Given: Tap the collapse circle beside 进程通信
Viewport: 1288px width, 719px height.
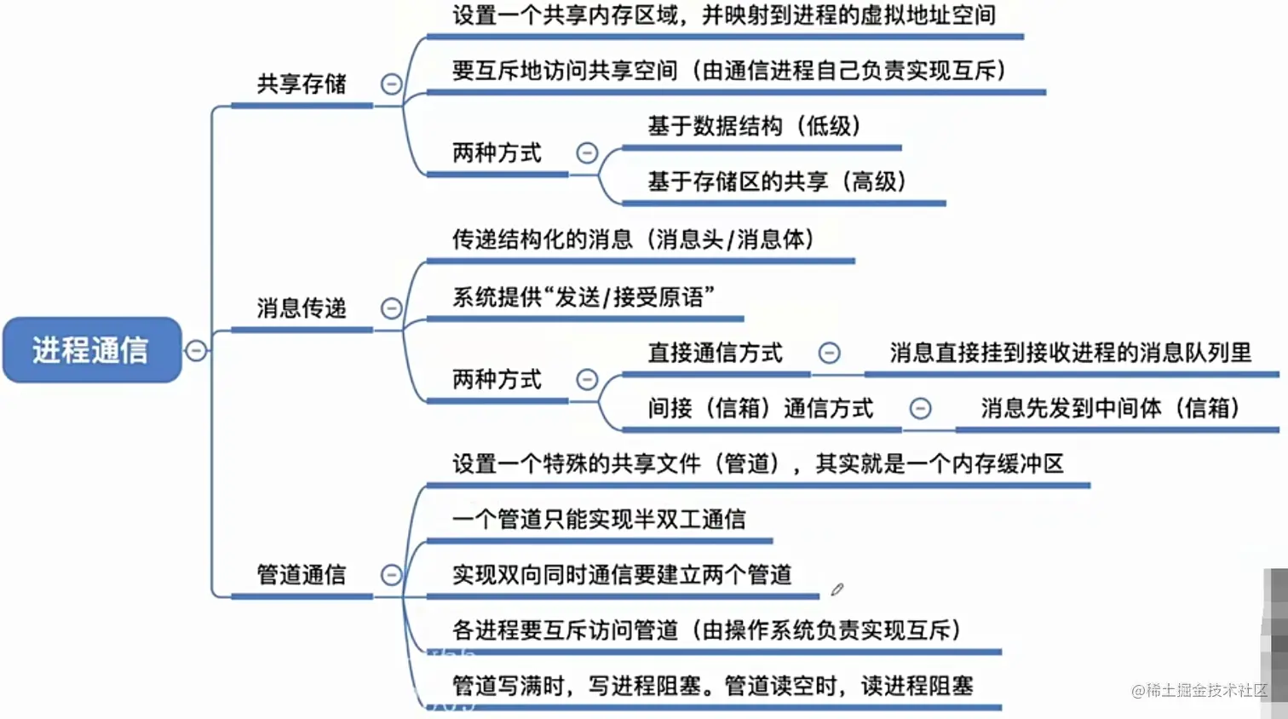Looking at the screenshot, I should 196,350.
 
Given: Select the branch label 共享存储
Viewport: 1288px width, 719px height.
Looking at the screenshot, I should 302,83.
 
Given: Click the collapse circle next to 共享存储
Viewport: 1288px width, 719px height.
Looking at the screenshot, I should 391,83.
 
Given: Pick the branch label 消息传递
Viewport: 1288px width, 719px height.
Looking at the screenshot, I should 302,308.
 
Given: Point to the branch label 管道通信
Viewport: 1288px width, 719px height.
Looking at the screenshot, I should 302,575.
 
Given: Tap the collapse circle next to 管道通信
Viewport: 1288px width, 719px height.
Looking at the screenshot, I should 391,575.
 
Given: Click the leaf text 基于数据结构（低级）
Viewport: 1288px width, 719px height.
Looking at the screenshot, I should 755,126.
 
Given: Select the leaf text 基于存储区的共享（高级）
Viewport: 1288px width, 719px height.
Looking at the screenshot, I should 777,181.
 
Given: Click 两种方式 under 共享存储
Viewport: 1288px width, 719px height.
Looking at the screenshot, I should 497,153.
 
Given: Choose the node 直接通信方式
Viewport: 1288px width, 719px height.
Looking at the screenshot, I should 715,353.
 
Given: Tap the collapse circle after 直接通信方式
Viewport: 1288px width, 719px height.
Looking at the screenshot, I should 829,353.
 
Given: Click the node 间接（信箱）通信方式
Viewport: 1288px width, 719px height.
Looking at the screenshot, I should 760,409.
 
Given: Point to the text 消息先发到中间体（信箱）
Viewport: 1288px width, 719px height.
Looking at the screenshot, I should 1110,408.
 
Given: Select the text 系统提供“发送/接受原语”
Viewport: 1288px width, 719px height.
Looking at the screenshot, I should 583,297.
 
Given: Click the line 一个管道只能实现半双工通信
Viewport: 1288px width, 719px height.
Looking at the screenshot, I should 599,519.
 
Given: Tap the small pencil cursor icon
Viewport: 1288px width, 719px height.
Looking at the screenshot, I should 837,590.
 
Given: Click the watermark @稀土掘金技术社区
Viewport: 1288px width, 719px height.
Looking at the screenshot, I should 1199,690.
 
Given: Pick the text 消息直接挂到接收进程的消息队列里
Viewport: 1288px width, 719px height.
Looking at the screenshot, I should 1070,353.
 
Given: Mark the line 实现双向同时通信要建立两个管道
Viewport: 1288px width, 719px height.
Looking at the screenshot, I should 622,575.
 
